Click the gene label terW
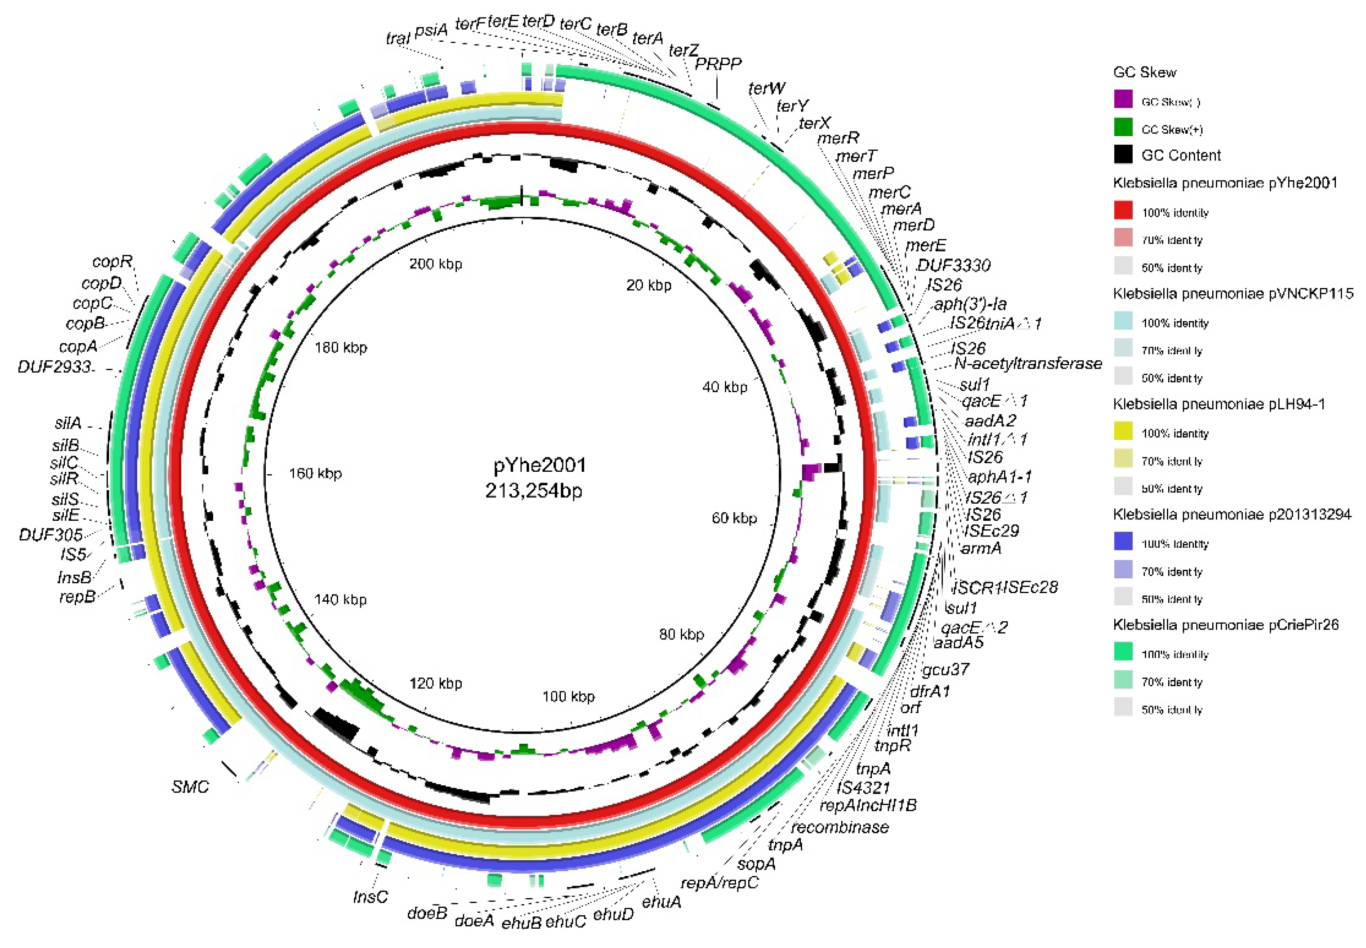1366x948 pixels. [x=766, y=89]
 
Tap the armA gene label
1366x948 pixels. [x=981, y=548]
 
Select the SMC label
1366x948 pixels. [x=190, y=787]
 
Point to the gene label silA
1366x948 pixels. [x=68, y=424]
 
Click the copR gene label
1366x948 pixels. [x=112, y=262]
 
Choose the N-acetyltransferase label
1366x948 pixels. [x=1028, y=363]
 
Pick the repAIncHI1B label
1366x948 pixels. [x=868, y=805]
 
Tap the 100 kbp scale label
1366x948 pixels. [x=568, y=696]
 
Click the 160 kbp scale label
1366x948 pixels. [x=315, y=474]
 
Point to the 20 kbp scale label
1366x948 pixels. [x=648, y=286]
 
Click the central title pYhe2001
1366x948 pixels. [x=539, y=465]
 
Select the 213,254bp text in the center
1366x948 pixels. [x=533, y=491]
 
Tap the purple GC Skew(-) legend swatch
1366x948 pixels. [x=1123, y=100]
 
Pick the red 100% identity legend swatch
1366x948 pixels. [x=1123, y=211]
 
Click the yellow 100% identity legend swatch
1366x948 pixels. [x=1123, y=432]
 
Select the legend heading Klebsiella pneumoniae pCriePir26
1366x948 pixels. [x=1226, y=625]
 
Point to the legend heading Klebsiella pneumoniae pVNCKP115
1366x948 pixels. [x=1233, y=293]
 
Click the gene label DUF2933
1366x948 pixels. [x=55, y=367]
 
